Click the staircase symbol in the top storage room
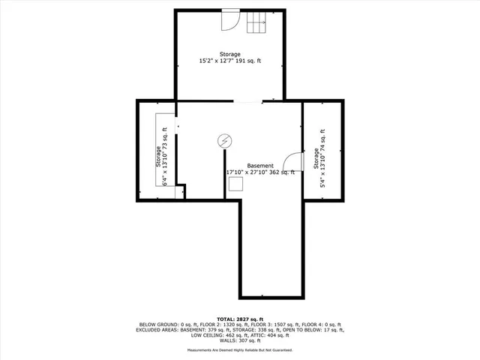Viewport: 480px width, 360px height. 258,24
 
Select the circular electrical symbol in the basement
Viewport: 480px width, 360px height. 224,140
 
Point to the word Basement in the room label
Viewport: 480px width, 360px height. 260,166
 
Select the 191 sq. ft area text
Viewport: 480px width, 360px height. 249,61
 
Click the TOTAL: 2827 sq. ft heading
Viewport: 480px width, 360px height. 240,318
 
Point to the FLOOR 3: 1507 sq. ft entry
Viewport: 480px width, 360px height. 262,324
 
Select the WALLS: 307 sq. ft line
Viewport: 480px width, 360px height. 240,341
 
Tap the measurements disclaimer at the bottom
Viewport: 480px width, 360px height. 240,350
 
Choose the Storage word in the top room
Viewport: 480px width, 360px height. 230,54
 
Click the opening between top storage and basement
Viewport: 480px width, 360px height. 247,101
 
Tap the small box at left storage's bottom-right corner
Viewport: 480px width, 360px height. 180,193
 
